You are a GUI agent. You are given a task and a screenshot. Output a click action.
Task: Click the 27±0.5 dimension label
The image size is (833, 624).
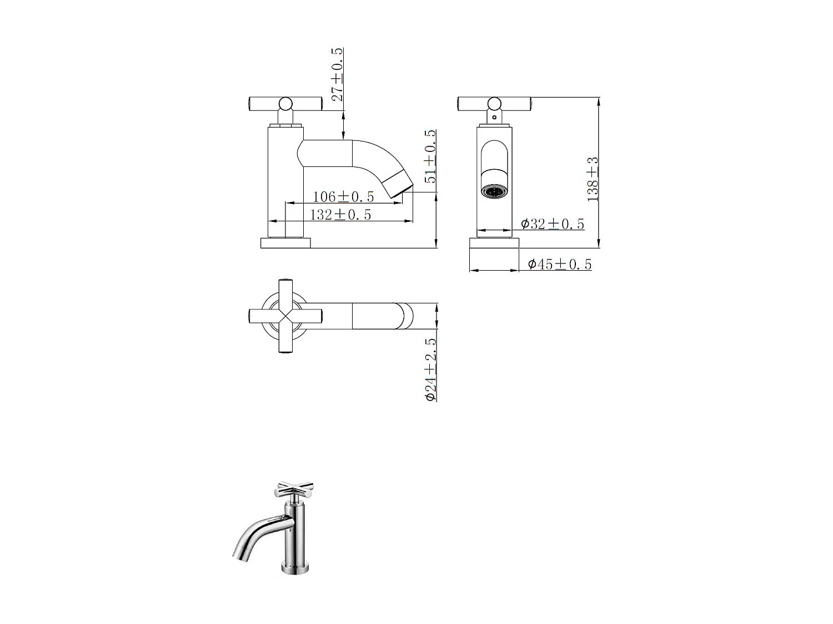[x=337, y=74]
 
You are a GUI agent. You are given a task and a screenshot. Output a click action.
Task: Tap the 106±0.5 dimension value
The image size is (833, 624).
[x=343, y=196]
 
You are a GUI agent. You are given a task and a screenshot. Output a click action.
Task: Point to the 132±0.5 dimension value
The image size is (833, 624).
[x=340, y=215]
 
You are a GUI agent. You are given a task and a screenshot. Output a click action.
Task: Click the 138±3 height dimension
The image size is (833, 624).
[x=593, y=179]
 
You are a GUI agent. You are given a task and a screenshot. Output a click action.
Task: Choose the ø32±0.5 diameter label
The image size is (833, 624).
[x=553, y=224]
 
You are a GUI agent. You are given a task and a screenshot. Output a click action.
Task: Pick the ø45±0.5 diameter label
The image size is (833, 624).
[x=560, y=264]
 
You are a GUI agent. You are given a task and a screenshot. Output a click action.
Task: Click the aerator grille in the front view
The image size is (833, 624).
[x=493, y=192]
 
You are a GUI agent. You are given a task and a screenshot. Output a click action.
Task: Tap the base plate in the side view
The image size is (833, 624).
[x=285, y=243]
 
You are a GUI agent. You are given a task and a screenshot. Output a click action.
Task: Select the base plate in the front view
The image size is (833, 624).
[x=494, y=243]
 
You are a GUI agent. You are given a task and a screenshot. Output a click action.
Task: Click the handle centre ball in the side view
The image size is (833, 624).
[x=285, y=103]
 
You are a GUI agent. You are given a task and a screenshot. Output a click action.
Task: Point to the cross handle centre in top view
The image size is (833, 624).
[x=285, y=316]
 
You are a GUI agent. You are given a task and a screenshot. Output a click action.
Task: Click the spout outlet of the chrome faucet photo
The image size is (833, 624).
[x=238, y=554]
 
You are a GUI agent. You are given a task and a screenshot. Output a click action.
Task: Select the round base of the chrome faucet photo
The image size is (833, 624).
[x=295, y=569]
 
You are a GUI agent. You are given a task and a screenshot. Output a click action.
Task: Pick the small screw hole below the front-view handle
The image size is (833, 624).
[x=494, y=117]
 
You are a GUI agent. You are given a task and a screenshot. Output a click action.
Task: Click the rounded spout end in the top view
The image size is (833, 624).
[x=405, y=316]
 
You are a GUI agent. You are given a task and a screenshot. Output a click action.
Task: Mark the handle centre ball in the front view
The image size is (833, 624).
[x=494, y=103]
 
